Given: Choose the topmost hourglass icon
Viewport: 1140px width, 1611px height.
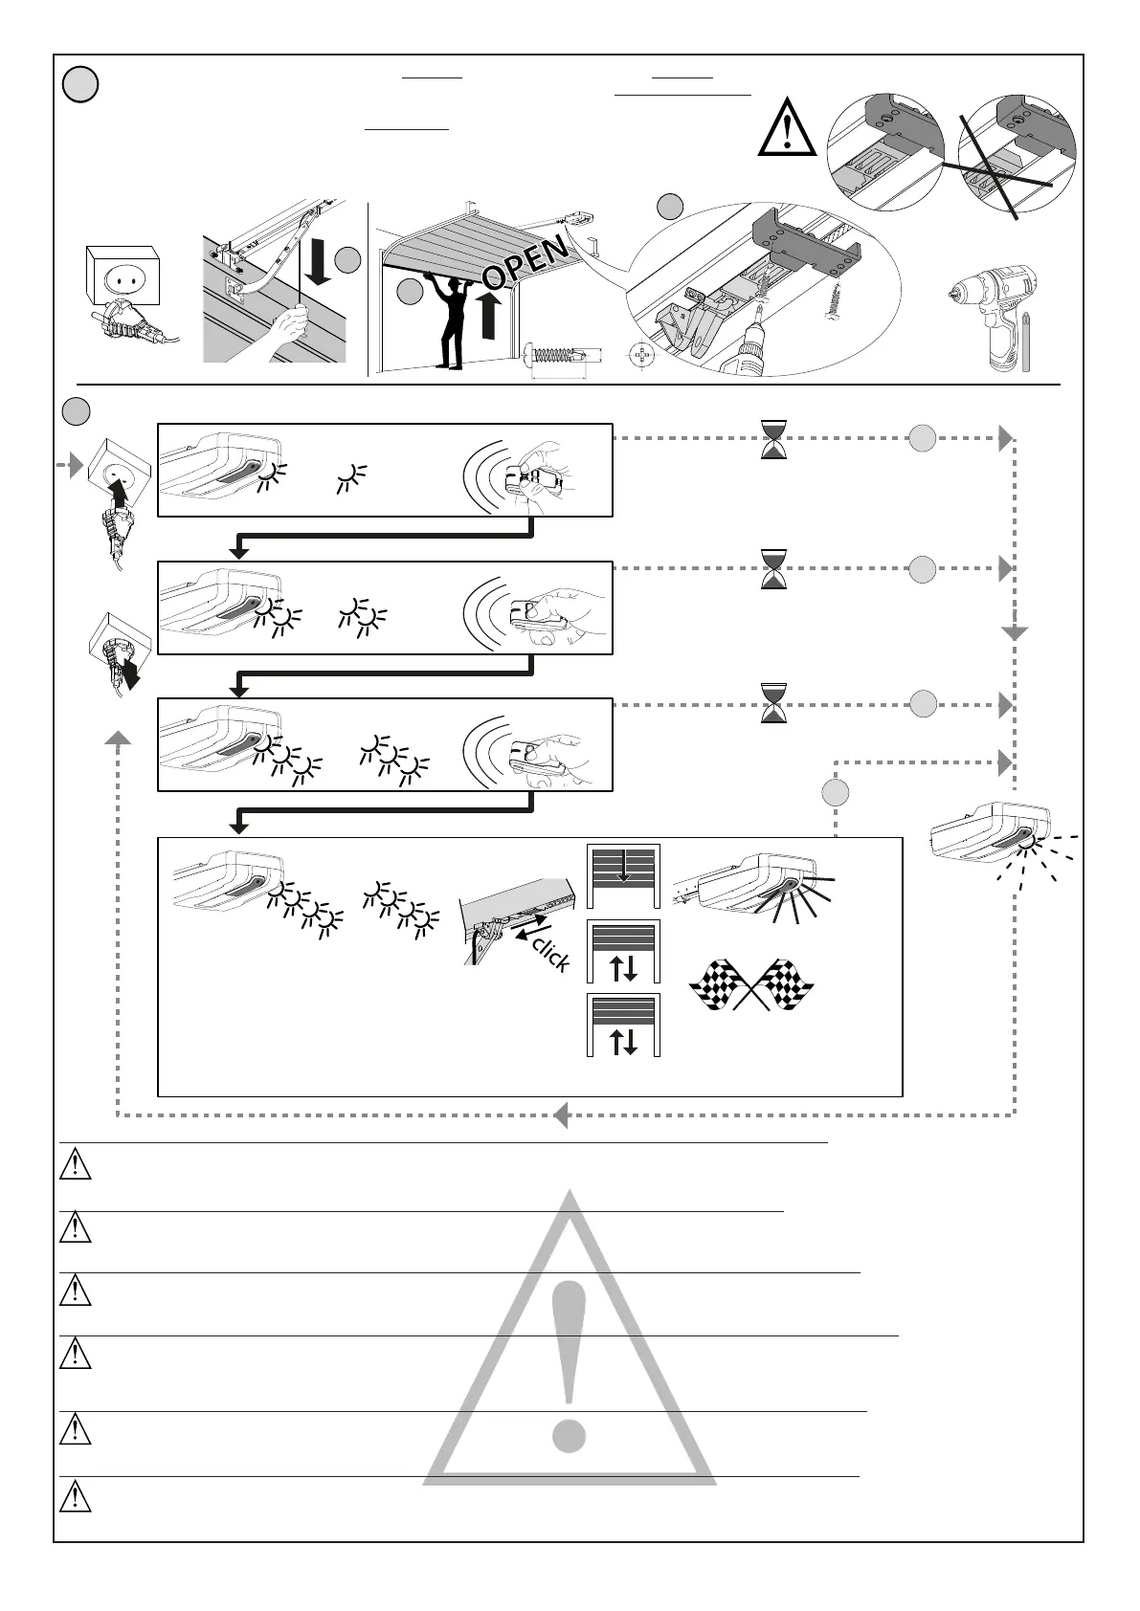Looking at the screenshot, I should pyautogui.click(x=773, y=440).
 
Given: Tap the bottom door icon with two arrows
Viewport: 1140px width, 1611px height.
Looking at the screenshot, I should pyautogui.click(x=623, y=1025).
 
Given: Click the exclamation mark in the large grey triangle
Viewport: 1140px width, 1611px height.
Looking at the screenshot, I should pyautogui.click(x=569, y=1358).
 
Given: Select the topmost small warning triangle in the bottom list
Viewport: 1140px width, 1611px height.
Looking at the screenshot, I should pyautogui.click(x=76, y=1166).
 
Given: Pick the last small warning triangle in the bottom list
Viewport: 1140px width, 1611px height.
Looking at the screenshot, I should pyautogui.click(x=76, y=1497).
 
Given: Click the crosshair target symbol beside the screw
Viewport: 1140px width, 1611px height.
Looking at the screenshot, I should pyautogui.click(x=643, y=360).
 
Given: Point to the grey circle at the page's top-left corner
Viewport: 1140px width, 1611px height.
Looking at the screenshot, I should pyautogui.click(x=80, y=86).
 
